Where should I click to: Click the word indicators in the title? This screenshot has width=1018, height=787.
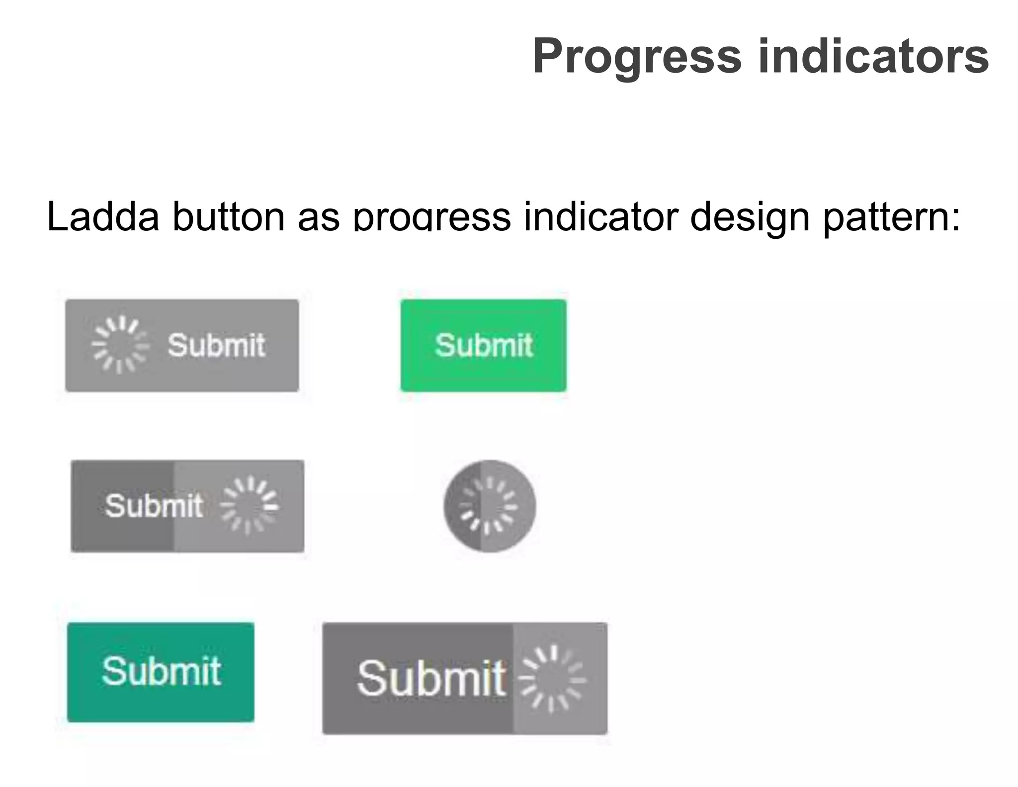[x=873, y=57]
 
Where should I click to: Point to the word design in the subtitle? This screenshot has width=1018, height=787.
[x=750, y=217]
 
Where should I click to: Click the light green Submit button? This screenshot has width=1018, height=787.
[x=483, y=345]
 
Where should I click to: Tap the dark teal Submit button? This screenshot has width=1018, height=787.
[x=161, y=672]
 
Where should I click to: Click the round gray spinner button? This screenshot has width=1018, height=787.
[x=490, y=506]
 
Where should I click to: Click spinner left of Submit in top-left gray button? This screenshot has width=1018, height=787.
[x=120, y=345]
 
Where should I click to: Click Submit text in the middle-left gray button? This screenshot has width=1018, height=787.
[x=154, y=506]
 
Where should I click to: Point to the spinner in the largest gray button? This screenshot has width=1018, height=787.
[x=552, y=679]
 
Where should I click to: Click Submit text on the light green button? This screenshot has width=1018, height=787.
[x=483, y=345]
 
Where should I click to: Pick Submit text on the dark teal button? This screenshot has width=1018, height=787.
[x=161, y=672]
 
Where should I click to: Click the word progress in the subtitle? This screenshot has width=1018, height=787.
[x=431, y=217]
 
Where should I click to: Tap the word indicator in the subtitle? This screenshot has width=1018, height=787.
[x=601, y=217]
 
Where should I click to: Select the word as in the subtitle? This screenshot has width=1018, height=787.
[x=318, y=217]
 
